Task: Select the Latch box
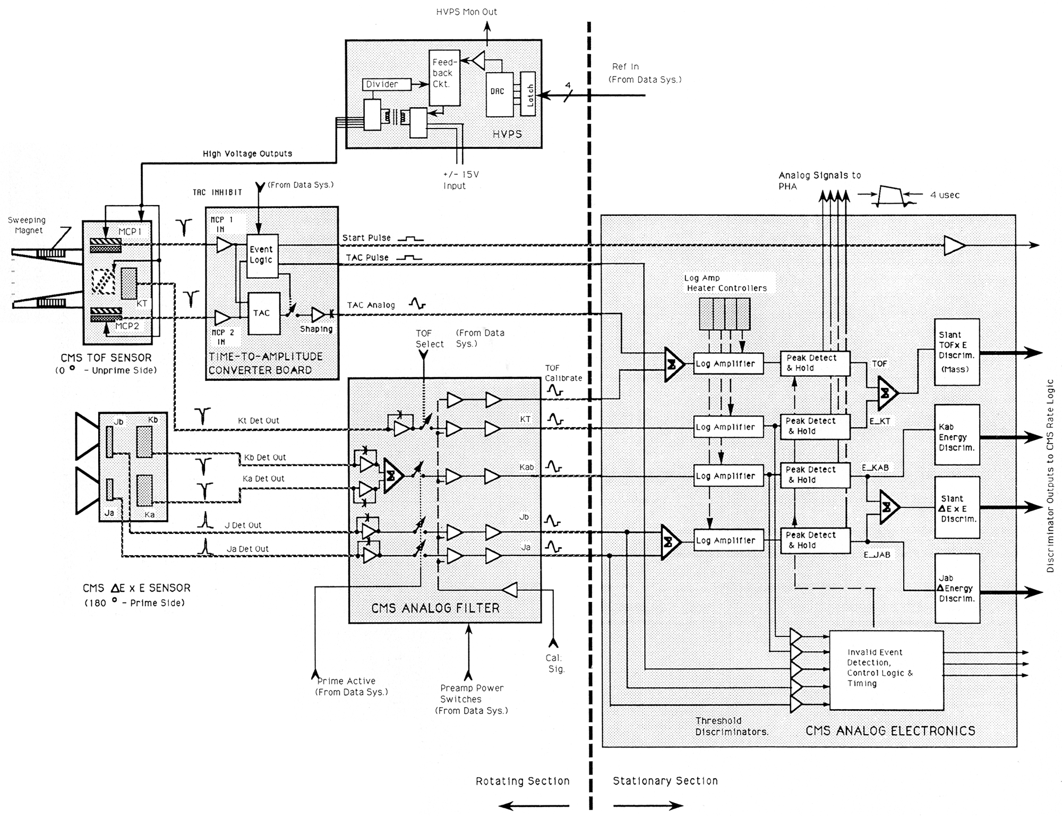coord(528,93)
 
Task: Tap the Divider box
coord(387,84)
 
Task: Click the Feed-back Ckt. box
coord(444,78)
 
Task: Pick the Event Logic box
coord(262,256)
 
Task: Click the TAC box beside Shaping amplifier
coord(264,313)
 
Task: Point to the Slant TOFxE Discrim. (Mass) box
coord(957,352)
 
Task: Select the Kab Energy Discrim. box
coord(957,435)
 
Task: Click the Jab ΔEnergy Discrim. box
coord(957,588)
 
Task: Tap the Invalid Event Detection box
coord(886,670)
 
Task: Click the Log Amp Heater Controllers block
coord(724,314)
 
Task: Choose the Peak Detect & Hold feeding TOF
coord(815,363)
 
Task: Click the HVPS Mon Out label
coord(467,12)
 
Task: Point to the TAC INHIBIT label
coord(217,192)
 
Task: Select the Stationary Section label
coord(665,781)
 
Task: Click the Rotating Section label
coord(523,781)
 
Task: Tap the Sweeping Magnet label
coord(27,225)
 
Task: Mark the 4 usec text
coord(945,195)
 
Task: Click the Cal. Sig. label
coord(555,664)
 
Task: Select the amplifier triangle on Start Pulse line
coord(954,245)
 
